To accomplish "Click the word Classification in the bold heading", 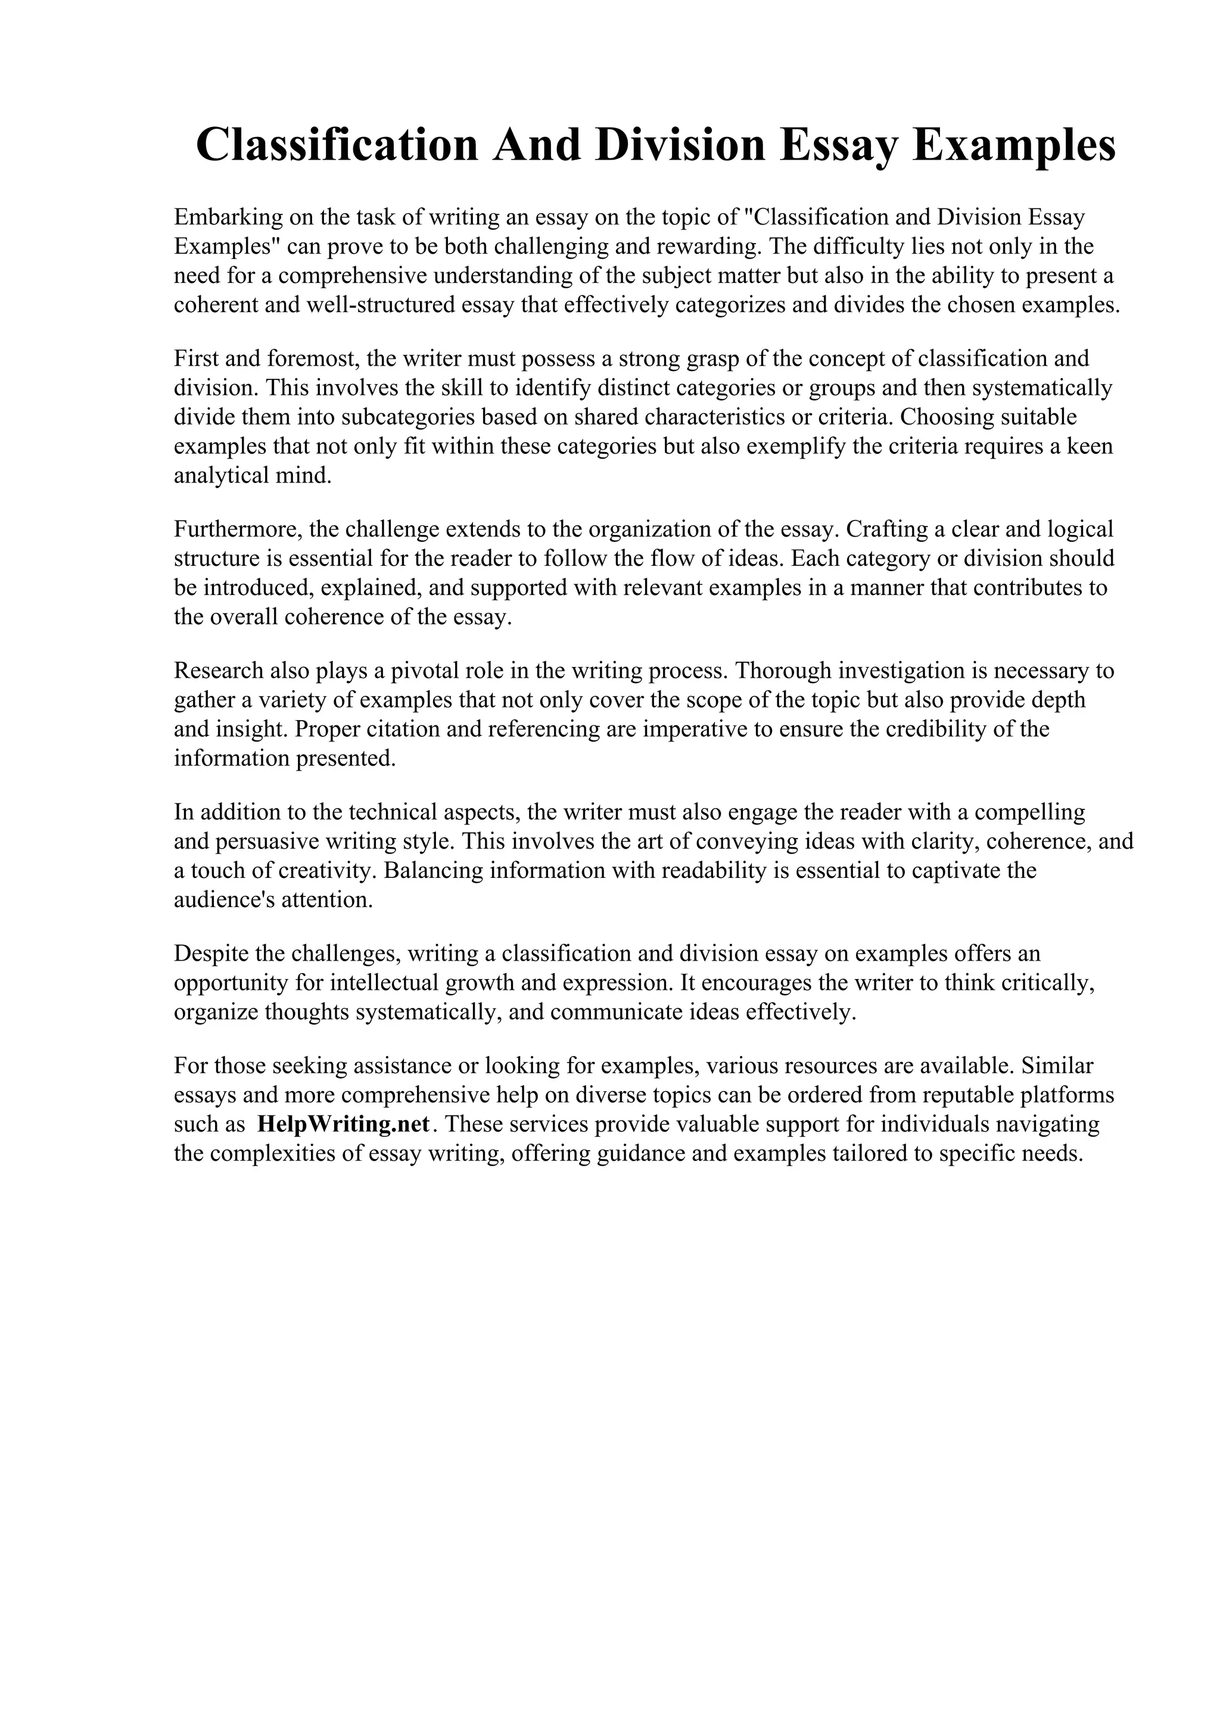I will pyautogui.click(x=336, y=145).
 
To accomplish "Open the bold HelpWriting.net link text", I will pyautogui.click(x=343, y=1124).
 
